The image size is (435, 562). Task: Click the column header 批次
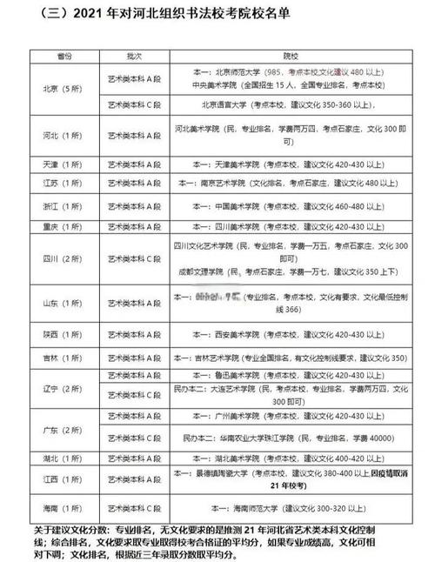point(134,54)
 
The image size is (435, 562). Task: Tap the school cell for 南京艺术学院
point(288,184)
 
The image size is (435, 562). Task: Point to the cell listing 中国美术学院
point(288,206)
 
